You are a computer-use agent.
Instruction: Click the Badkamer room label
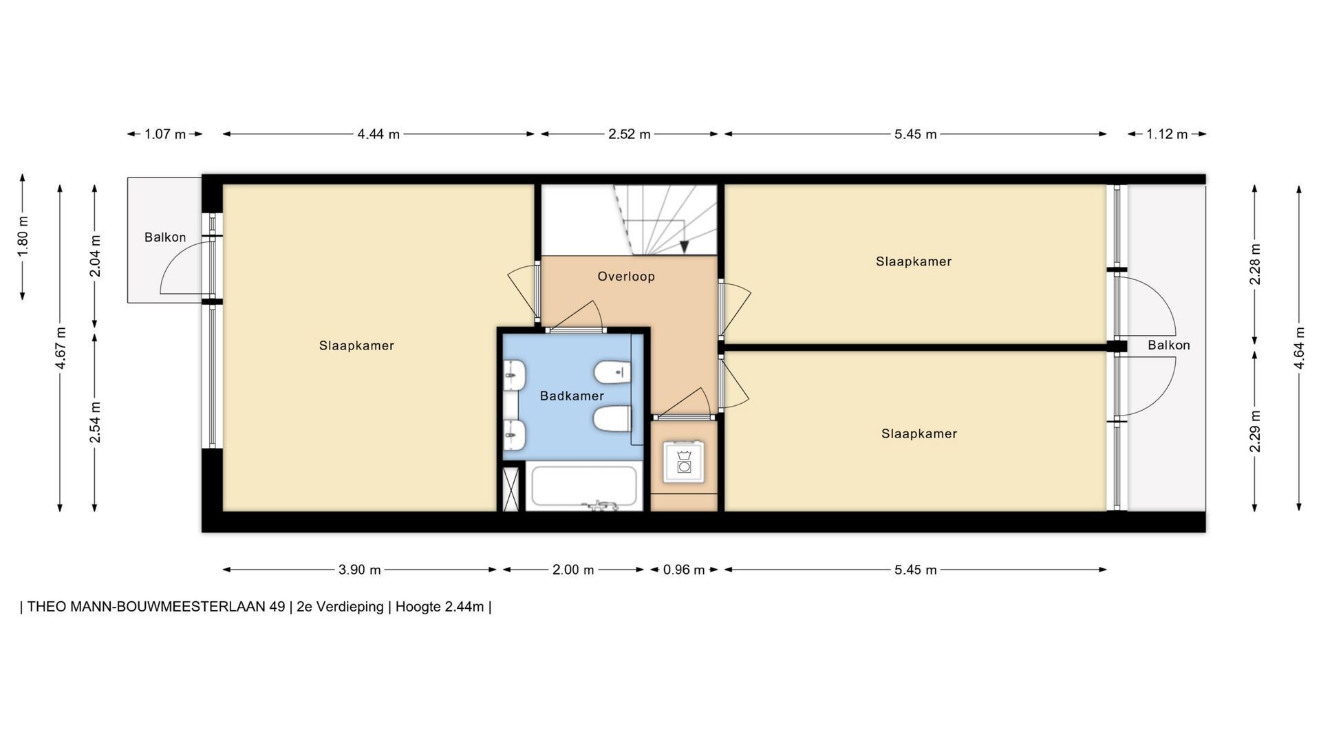[x=572, y=396]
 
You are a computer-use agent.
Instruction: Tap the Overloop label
[x=626, y=277]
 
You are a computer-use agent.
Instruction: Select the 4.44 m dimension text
[x=378, y=134]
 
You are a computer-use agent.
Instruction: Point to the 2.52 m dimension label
[x=630, y=134]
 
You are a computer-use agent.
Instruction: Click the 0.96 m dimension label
[x=684, y=570]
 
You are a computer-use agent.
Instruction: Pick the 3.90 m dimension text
[x=360, y=570]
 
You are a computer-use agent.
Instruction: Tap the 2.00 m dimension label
[x=573, y=570]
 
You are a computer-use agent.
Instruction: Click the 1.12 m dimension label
[x=1167, y=134]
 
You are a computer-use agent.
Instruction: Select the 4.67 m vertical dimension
[x=61, y=348]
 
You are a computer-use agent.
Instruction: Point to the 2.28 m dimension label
[x=1255, y=264]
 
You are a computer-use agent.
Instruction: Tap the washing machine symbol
[x=684, y=462]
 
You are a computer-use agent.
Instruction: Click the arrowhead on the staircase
[x=685, y=247]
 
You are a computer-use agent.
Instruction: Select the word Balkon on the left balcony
[x=165, y=237]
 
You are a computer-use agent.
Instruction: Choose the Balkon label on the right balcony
[x=1169, y=345]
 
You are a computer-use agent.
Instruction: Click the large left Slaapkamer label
[x=356, y=345]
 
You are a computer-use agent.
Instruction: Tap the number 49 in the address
[x=277, y=607]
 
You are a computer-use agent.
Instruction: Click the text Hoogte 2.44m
[x=440, y=607]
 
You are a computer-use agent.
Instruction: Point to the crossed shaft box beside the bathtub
[x=511, y=489]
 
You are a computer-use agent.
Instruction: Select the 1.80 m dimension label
[x=23, y=237]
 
